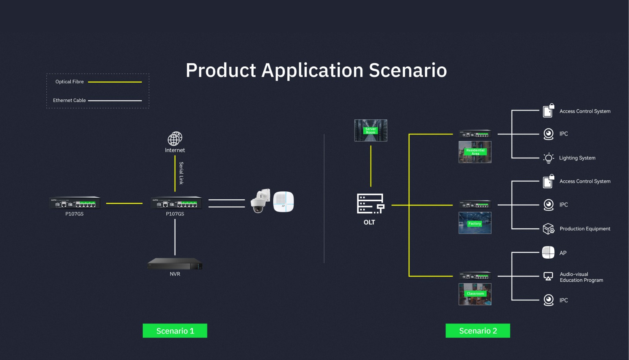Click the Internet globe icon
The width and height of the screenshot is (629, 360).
click(175, 139)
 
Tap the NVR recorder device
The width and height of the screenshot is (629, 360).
click(175, 264)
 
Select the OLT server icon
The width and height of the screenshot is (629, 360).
click(370, 204)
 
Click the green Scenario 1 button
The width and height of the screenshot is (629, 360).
click(175, 331)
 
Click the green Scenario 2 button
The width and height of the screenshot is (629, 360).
click(478, 331)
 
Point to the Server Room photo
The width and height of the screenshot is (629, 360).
click(371, 130)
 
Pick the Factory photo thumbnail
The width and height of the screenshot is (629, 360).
click(475, 223)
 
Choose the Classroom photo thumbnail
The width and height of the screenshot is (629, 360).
click(475, 294)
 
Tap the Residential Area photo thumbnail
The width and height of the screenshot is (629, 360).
click(475, 152)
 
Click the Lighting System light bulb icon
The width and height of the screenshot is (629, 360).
click(548, 158)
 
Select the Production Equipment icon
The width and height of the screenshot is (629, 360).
click(548, 229)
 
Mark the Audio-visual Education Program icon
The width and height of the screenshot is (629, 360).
click(548, 277)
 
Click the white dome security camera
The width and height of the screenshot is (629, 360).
click(259, 201)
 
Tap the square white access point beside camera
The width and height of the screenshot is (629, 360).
click(283, 202)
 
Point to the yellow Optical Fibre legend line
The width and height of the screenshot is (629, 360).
click(115, 82)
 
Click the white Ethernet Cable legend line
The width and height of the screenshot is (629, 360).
click(115, 101)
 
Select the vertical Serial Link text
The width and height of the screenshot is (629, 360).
click(181, 173)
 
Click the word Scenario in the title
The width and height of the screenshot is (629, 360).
click(408, 71)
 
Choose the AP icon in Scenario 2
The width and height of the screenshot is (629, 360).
click(548, 253)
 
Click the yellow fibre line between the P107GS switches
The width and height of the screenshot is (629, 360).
click(124, 203)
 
